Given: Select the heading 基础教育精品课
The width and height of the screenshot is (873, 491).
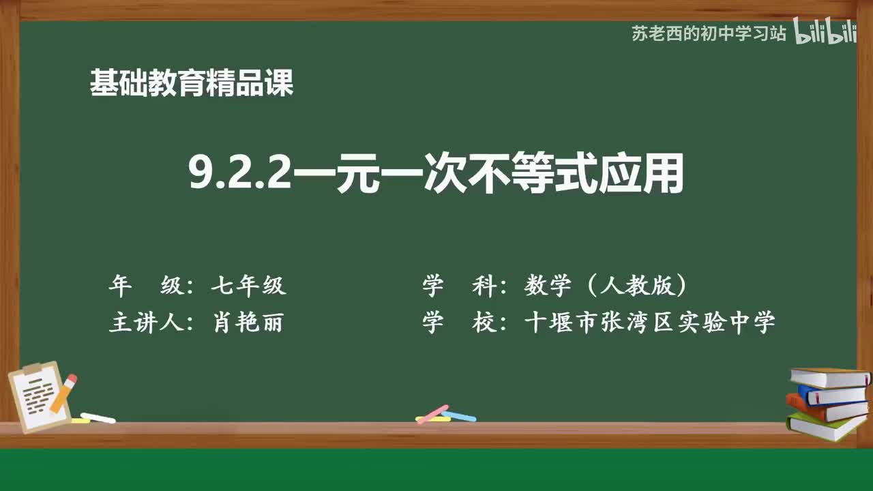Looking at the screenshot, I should pyautogui.click(x=192, y=84).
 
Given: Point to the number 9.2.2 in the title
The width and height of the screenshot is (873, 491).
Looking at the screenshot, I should pyautogui.click(x=239, y=176).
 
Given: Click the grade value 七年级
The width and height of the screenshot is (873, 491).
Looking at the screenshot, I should pyautogui.click(x=248, y=286).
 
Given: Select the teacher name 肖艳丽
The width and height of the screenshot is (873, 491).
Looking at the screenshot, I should pyautogui.click(x=248, y=323).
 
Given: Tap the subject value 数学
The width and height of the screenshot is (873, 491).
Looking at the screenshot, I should pyautogui.click(x=548, y=286).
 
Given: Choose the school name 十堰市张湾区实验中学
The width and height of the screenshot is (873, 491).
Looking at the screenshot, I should pyautogui.click(x=649, y=323).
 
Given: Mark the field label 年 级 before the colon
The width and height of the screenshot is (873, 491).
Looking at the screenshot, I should pyautogui.click(x=146, y=286).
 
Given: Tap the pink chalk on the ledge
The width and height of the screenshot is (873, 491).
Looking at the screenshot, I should pyautogui.click(x=432, y=413).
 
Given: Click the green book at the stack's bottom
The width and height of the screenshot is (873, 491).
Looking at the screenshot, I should pyautogui.click(x=825, y=427).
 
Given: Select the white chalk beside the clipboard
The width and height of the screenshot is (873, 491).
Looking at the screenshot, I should pyautogui.click(x=98, y=418).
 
